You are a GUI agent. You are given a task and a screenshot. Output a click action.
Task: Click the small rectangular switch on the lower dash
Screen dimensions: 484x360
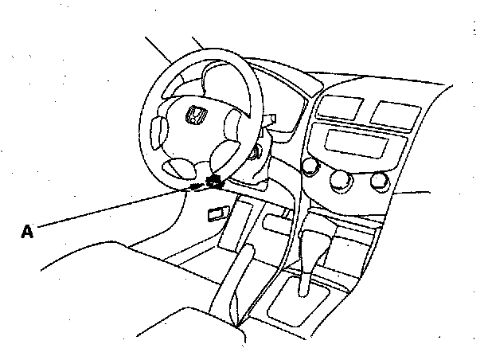point(216,213)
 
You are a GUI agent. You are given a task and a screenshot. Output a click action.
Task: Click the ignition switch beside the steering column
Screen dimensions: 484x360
point(256,154)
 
